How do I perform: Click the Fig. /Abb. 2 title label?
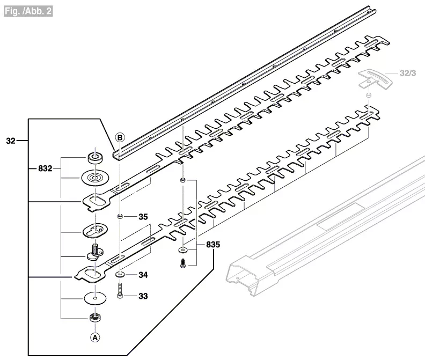coord(28,10)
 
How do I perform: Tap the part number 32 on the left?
coord(10,142)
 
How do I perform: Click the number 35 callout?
coord(143,217)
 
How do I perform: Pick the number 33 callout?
coord(143,296)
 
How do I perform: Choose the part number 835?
coord(213,245)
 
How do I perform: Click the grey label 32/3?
coord(408,72)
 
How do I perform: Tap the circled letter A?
coord(95,337)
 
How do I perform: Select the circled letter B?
coord(120,137)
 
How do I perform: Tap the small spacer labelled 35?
coord(120,217)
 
